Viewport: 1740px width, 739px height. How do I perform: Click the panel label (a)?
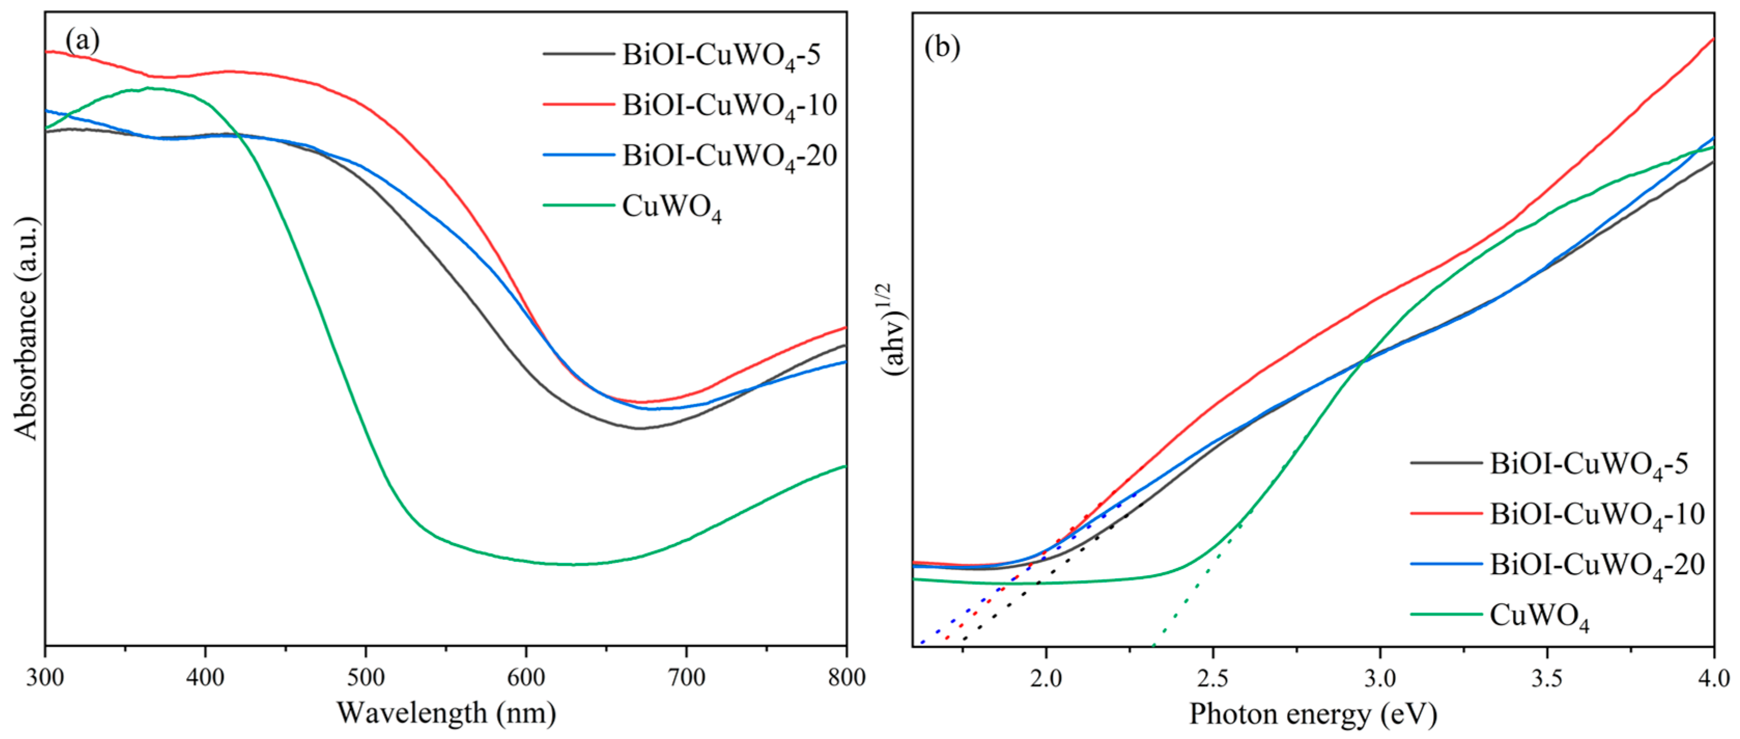[x=82, y=41]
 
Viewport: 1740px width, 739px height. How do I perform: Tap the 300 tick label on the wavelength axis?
[x=45, y=677]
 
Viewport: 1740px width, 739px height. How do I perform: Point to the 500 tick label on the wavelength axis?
[x=365, y=677]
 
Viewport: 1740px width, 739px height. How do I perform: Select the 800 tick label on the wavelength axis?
[x=846, y=677]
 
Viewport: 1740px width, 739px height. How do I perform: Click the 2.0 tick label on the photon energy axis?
[x=1046, y=677]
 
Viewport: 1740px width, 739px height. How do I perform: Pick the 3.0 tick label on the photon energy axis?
[x=1379, y=677]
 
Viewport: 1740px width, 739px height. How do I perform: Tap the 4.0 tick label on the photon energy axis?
[x=1713, y=677]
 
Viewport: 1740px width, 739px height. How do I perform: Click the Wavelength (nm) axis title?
[x=447, y=713]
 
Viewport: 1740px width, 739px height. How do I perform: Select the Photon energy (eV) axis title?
[x=1313, y=714]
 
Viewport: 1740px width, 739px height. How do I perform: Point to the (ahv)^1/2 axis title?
[x=895, y=330]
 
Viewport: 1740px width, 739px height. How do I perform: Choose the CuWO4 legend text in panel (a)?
[x=672, y=207]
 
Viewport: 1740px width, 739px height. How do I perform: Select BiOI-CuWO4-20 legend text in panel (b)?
[x=1598, y=565]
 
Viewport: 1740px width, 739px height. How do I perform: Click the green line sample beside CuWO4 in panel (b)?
[x=1446, y=614]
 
